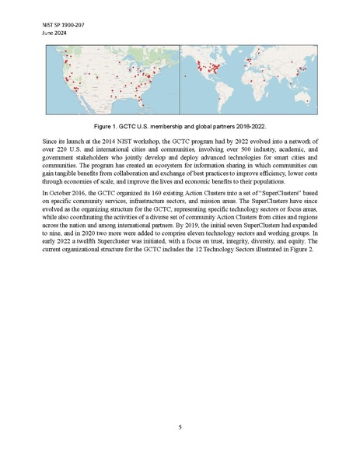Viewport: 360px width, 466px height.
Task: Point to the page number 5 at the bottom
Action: (x=180, y=426)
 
